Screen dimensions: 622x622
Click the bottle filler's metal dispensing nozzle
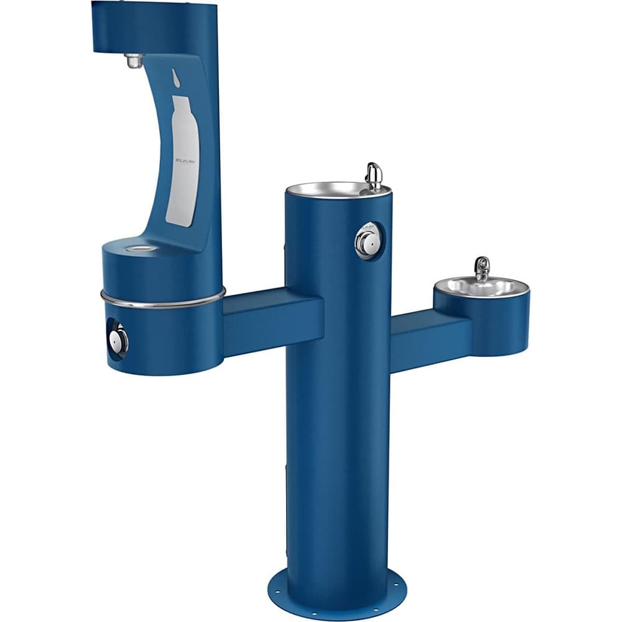[134, 61]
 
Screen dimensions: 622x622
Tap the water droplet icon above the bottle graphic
[176, 77]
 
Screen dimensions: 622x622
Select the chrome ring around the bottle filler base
[163, 302]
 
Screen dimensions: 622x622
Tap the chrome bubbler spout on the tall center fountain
[374, 175]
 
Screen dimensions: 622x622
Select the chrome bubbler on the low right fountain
[481, 268]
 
